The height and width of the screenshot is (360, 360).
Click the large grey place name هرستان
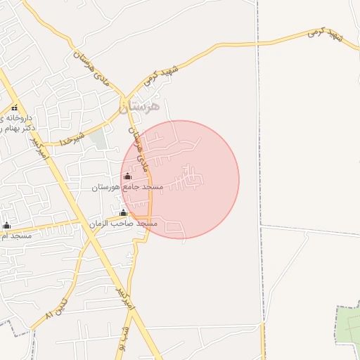click(x=139, y=106)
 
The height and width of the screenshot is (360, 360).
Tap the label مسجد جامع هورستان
click(x=127, y=188)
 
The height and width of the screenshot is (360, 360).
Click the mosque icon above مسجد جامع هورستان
click(x=127, y=176)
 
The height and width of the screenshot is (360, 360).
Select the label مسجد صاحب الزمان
click(x=123, y=223)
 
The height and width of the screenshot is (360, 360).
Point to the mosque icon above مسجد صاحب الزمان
click(x=123, y=212)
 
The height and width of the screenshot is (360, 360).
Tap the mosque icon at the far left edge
click(x=7, y=225)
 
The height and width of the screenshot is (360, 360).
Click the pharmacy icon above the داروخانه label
click(x=14, y=108)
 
